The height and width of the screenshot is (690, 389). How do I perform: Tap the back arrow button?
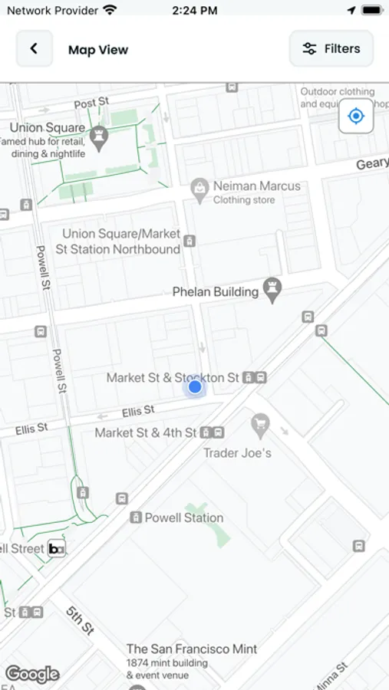click(35, 49)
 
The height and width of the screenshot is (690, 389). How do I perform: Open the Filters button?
click(331, 49)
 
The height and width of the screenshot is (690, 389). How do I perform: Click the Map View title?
click(98, 50)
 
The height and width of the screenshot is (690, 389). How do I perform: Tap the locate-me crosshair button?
click(356, 117)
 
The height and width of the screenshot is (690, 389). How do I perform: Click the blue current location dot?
click(195, 387)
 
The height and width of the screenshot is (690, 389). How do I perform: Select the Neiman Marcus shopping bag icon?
click(199, 188)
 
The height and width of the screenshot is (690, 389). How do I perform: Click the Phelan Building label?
click(215, 291)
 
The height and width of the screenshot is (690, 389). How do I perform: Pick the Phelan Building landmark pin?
click(272, 289)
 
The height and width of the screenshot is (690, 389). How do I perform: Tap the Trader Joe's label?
click(237, 452)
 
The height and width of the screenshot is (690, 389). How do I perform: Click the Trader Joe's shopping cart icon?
click(261, 423)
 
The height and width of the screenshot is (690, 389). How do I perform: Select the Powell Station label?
click(184, 517)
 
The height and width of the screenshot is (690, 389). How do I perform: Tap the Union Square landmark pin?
click(98, 137)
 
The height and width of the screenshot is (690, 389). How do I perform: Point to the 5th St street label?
click(79, 620)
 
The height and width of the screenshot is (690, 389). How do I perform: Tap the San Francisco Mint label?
click(192, 649)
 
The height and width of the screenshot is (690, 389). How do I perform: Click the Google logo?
click(32, 674)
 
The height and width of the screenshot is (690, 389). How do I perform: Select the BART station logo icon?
click(56, 548)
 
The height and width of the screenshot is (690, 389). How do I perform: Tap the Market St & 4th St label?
click(146, 433)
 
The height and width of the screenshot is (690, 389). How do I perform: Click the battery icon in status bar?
click(371, 11)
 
